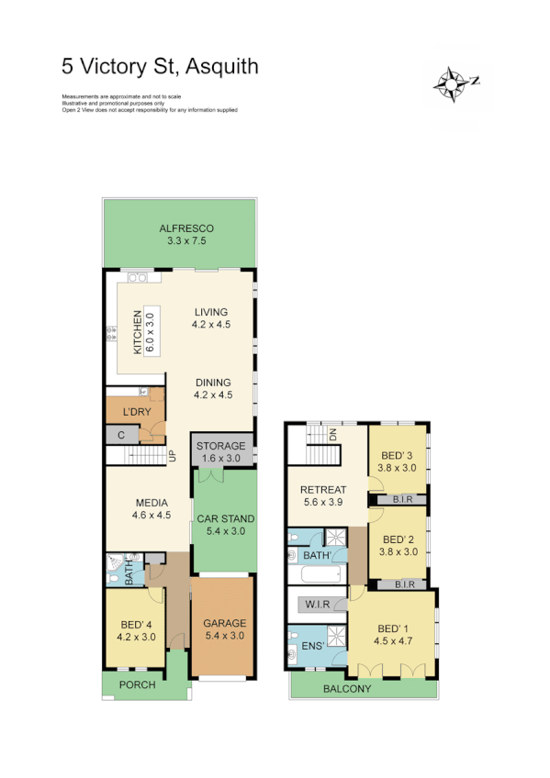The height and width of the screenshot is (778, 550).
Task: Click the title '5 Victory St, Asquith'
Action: pyautogui.click(x=160, y=66)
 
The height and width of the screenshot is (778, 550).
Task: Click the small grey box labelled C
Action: pyautogui.click(x=121, y=435)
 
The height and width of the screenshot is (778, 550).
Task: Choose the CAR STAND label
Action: pyautogui.click(x=225, y=519)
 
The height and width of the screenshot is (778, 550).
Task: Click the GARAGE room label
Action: pyautogui.click(x=224, y=624)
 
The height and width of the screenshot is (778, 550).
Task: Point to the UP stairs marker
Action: pyautogui.click(x=171, y=454)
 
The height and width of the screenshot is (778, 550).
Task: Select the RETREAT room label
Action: pyautogui.click(x=323, y=490)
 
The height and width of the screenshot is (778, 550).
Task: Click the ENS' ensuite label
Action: pyautogui.click(x=315, y=647)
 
